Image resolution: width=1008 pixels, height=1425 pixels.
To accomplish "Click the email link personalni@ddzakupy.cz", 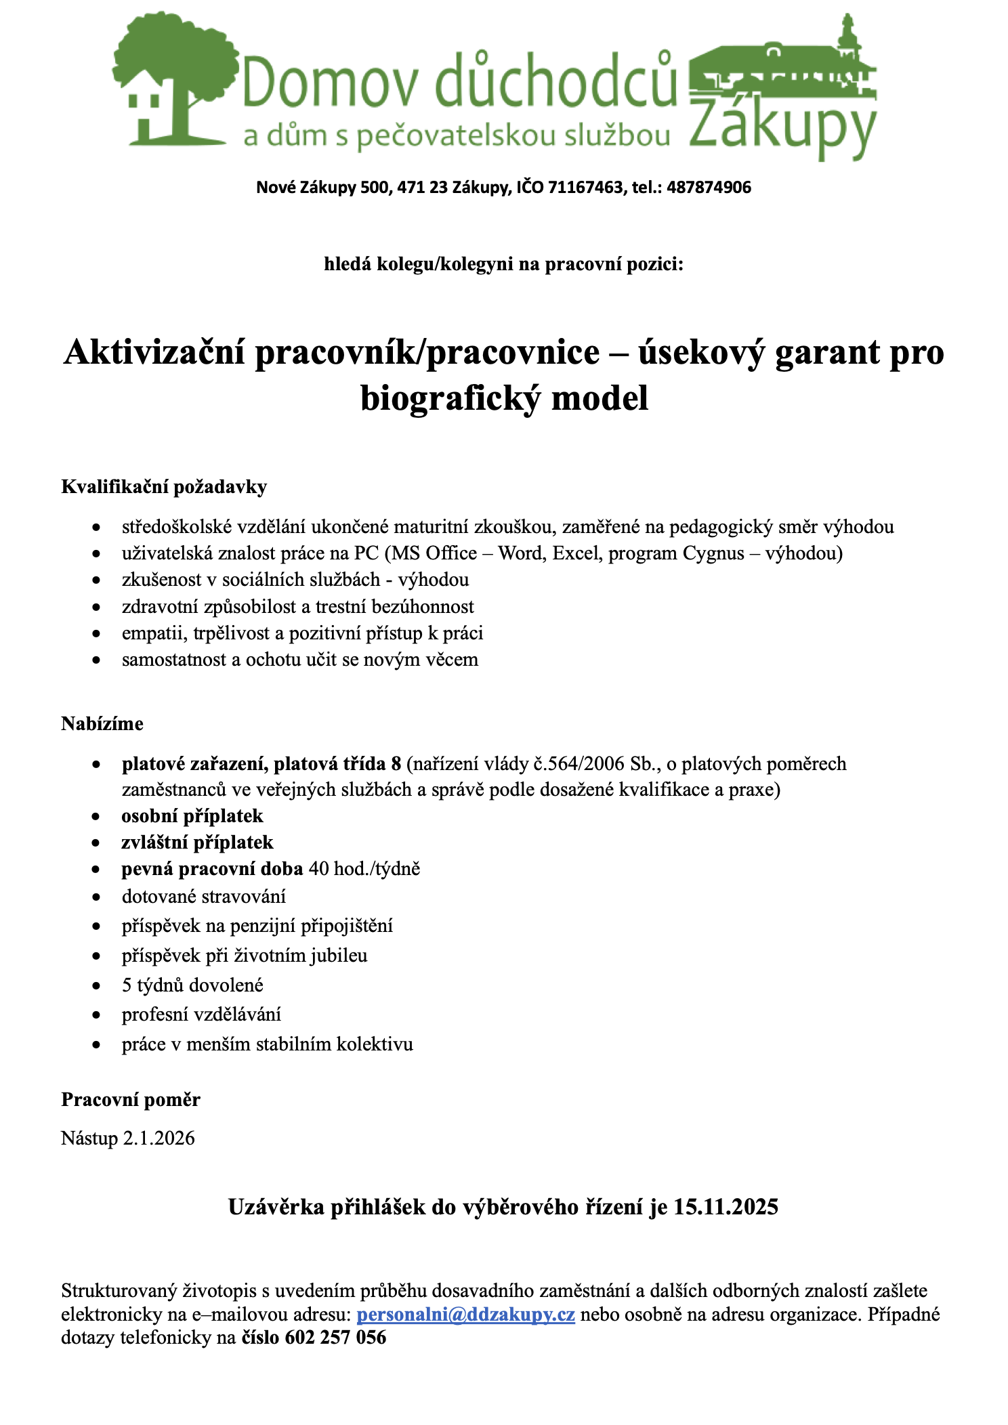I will click(x=465, y=1315).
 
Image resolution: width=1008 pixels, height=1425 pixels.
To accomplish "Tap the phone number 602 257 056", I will click(x=335, y=1338).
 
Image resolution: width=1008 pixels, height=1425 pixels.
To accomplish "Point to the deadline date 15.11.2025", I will click(x=726, y=1207).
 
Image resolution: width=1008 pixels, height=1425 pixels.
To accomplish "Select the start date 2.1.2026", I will click(x=159, y=1138).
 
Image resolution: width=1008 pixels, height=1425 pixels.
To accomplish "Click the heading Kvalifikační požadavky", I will click(x=164, y=487).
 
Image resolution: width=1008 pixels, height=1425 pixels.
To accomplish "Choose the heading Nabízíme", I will click(x=102, y=724).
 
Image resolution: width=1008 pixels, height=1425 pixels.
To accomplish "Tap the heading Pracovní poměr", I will click(x=131, y=1099).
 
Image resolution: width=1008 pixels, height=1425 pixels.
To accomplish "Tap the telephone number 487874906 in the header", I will click(x=709, y=188).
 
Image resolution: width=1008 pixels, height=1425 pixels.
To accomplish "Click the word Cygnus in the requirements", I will click(x=713, y=553).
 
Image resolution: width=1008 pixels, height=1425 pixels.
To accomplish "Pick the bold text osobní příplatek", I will click(x=192, y=816).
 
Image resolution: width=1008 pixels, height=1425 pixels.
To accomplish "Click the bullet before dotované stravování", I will click(x=97, y=897).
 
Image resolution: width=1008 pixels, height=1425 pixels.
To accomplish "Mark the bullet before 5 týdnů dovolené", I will click(x=97, y=986).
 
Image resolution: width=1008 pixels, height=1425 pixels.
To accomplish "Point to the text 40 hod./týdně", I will click(x=364, y=869).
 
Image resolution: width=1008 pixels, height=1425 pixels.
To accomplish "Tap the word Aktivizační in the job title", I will click(x=154, y=353).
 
